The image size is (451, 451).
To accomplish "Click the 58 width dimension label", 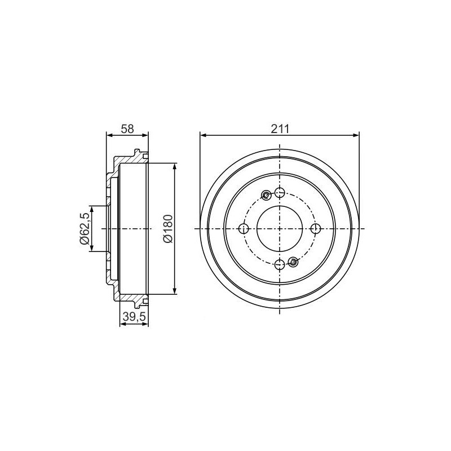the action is (127, 129).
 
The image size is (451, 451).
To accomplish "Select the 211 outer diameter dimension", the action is (280, 129).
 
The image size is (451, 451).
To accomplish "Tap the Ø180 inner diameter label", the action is (167, 229).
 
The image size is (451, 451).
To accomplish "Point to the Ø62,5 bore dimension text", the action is (84, 229).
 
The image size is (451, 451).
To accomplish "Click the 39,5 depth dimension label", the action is (134, 316).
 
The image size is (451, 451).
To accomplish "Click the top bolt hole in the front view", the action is (280, 192).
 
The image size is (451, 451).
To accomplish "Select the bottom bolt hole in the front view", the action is (280, 264).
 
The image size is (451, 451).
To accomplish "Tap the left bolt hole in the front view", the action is (244, 229).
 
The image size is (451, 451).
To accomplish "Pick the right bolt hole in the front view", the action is (316, 229).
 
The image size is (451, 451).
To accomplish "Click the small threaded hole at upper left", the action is (266, 196).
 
